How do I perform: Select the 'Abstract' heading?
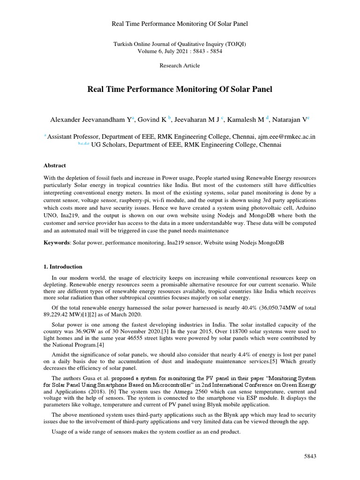[x=55, y=165]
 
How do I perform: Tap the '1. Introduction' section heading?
[x=63, y=267]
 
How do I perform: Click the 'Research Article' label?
[x=180, y=66]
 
